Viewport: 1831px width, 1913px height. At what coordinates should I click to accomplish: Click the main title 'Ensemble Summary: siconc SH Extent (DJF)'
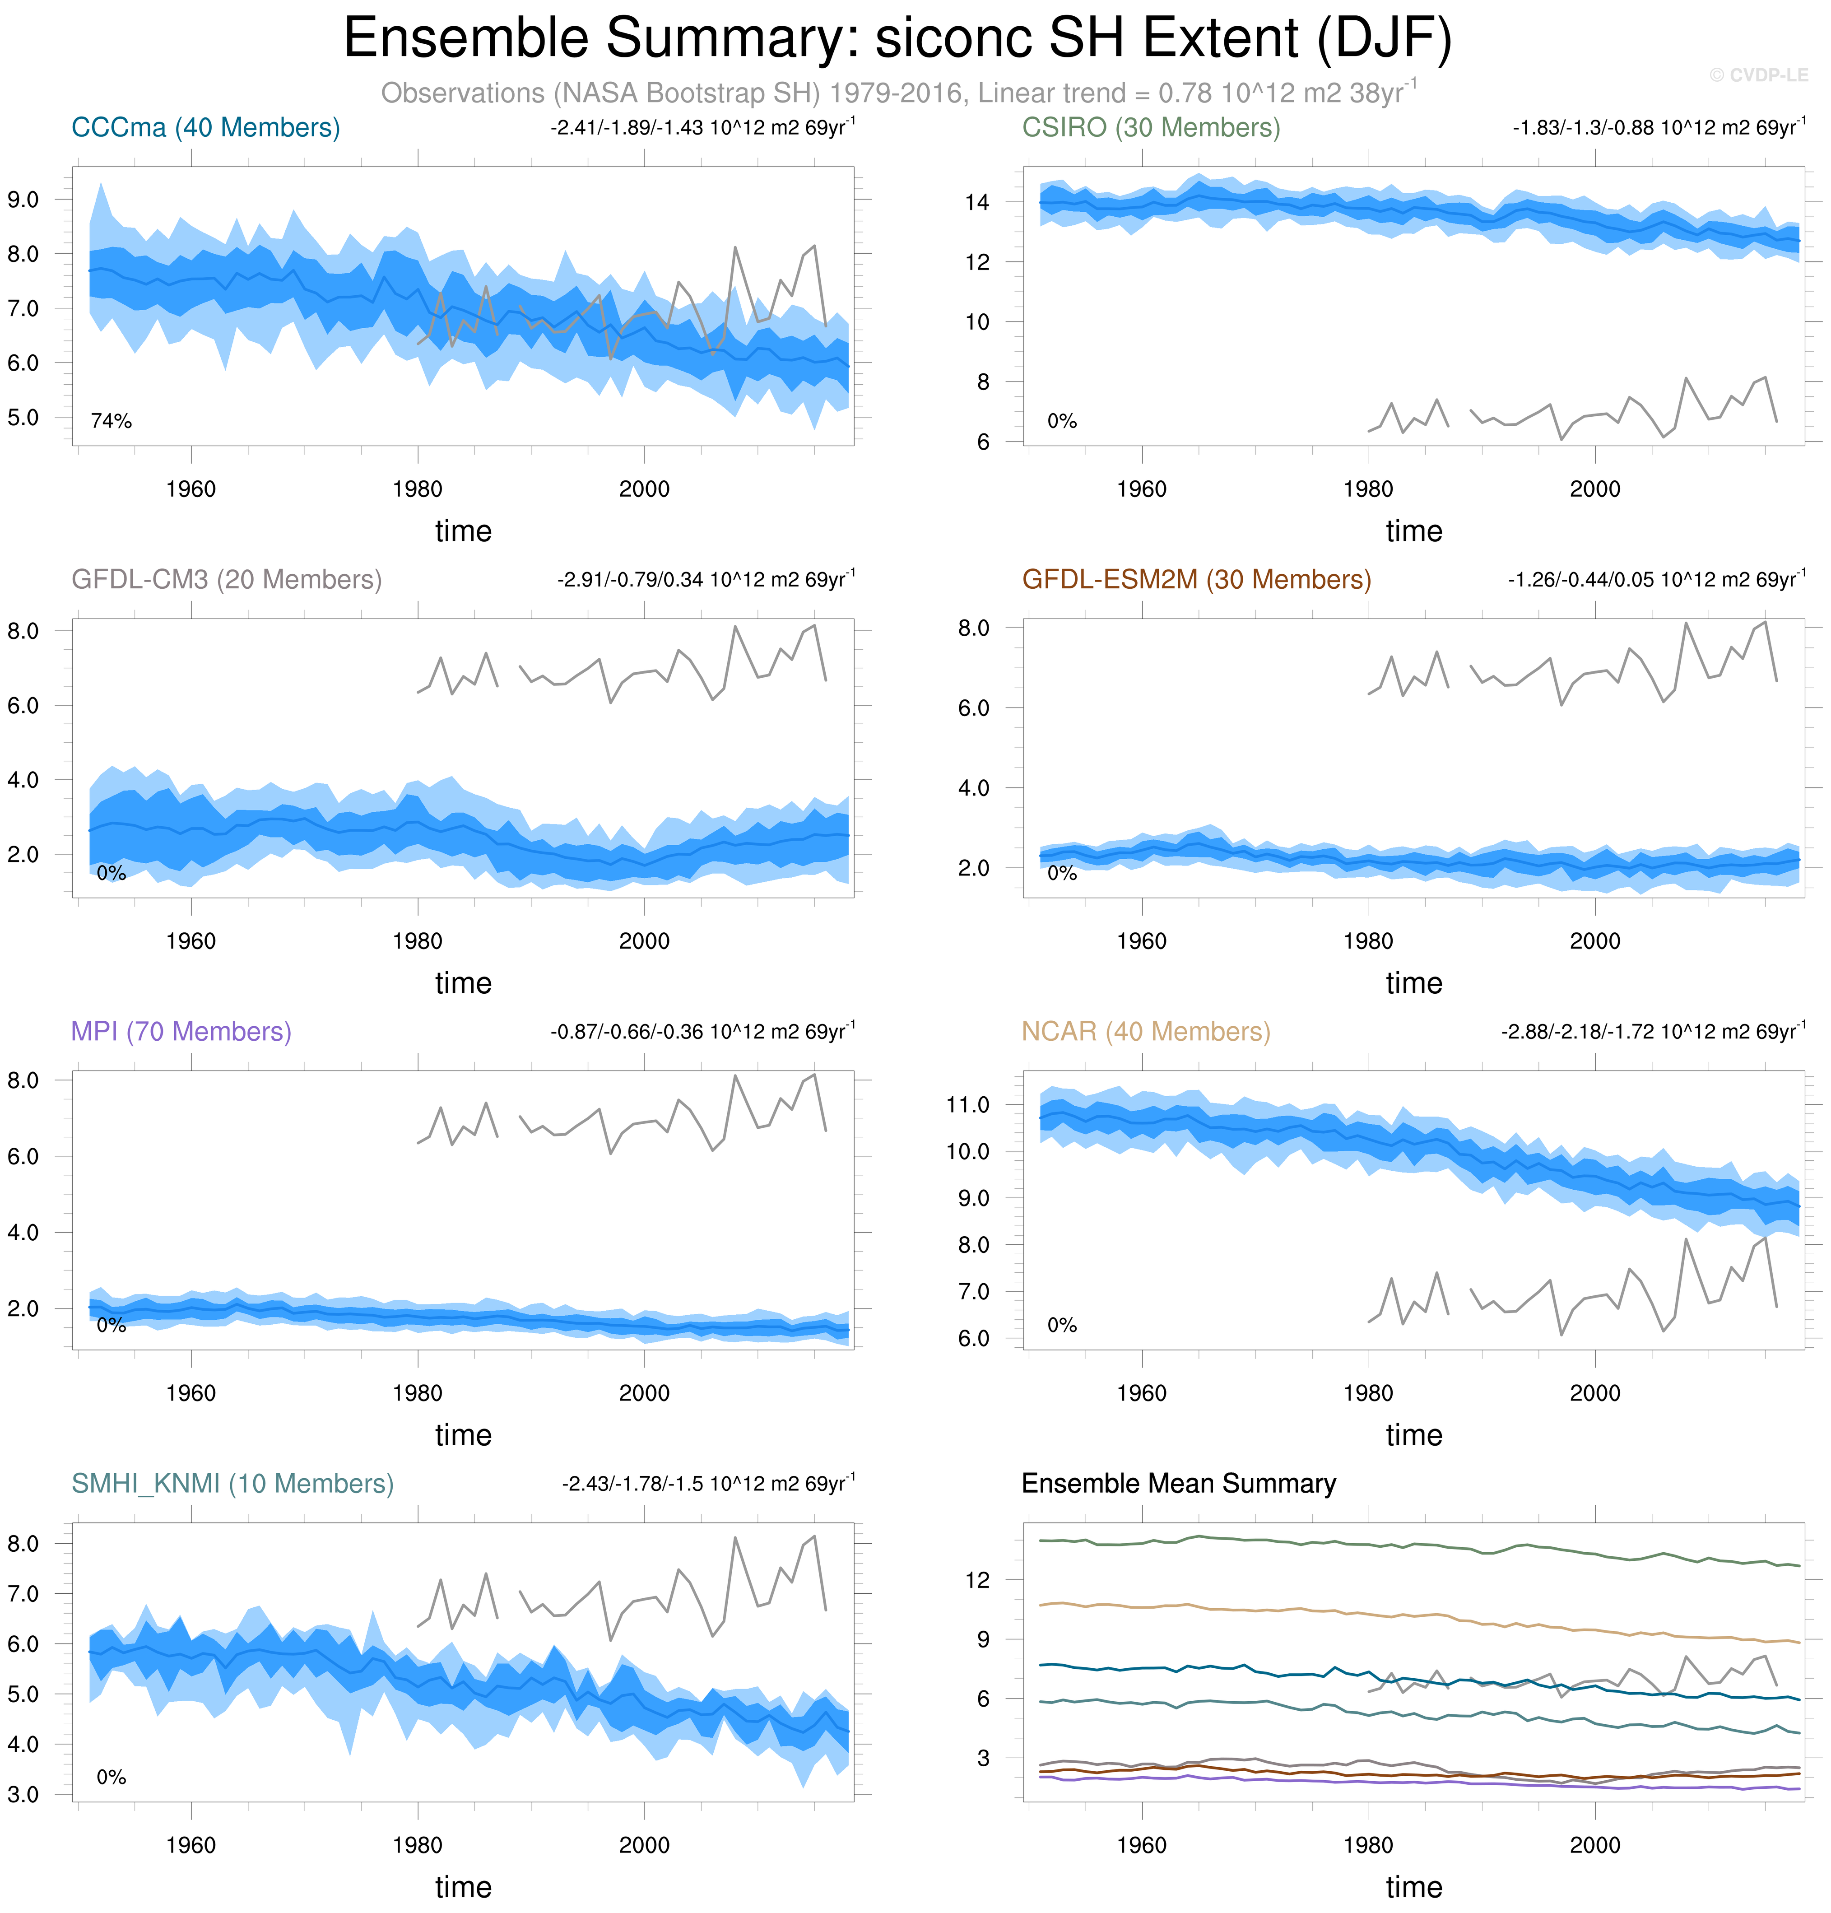point(898,39)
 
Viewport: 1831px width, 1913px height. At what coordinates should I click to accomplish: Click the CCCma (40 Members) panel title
point(205,128)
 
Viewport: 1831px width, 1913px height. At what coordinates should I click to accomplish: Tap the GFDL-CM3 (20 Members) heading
point(227,580)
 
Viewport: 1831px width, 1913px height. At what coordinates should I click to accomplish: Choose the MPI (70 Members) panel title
point(181,1032)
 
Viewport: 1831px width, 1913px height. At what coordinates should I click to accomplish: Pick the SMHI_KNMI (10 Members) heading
point(232,1484)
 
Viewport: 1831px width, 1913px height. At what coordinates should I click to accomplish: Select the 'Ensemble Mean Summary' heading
point(1178,1484)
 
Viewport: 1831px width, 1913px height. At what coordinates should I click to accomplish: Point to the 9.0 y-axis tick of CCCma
point(23,200)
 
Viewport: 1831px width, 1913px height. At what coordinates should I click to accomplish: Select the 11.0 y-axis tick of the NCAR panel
point(967,1105)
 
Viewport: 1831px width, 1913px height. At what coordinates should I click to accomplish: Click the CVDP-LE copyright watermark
point(1759,75)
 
